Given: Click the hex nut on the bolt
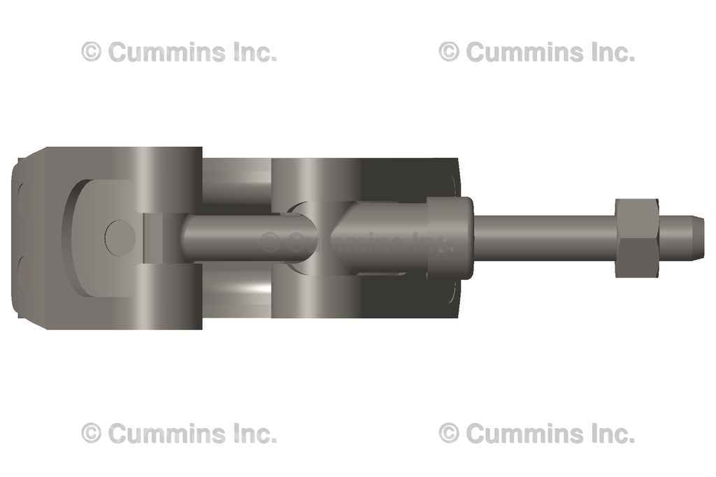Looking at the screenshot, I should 636,238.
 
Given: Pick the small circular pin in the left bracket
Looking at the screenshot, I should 119,238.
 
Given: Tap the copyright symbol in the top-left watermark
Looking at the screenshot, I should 92,52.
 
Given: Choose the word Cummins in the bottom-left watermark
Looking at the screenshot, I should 168,434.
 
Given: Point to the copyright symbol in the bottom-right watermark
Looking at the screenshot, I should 449,434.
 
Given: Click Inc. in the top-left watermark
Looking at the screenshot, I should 256,52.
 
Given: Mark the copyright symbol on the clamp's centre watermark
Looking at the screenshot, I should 271,242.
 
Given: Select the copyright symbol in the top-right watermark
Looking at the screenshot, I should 449,52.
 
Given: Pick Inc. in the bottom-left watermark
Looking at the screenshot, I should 256,434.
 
